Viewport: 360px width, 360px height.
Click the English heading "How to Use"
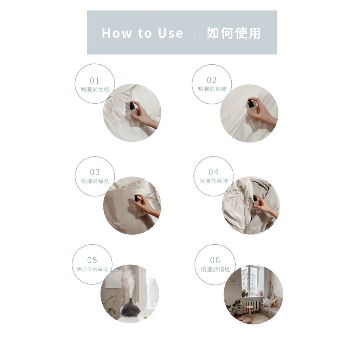coord(142,33)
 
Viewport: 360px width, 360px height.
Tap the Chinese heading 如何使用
coord(234,33)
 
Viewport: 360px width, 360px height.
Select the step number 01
coord(95,81)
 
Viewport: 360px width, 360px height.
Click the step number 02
coord(212,80)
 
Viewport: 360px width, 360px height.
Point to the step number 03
coord(95,172)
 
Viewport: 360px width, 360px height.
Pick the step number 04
coord(213,172)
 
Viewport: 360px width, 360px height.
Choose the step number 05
coord(92,260)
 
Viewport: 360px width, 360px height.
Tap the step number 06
coord(215,260)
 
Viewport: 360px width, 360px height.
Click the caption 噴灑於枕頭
coord(95,89)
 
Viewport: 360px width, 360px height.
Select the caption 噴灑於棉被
coord(212,89)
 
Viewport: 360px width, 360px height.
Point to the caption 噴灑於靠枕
coord(95,181)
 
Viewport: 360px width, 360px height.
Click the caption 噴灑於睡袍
coord(214,181)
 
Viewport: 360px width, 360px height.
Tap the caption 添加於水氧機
coord(92,269)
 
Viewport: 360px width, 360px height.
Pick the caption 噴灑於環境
coord(216,269)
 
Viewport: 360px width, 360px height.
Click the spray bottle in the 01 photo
coord(134,114)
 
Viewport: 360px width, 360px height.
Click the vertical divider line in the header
coord(195,33)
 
